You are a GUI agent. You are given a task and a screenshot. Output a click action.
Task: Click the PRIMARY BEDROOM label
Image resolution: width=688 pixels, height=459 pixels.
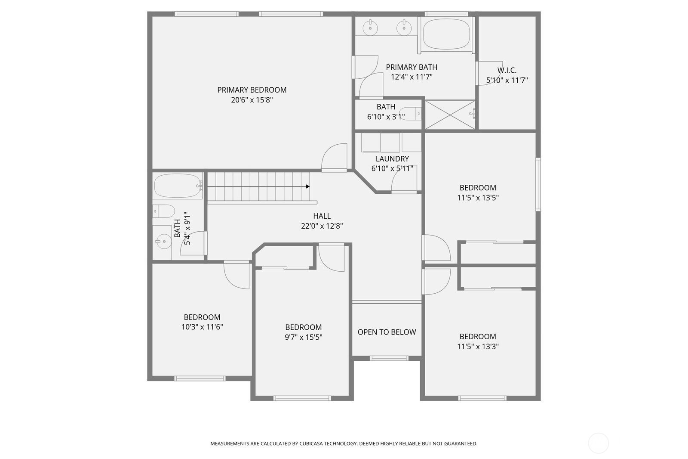252,90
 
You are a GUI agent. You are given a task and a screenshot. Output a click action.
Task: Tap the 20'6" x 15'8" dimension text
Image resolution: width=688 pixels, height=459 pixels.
252,100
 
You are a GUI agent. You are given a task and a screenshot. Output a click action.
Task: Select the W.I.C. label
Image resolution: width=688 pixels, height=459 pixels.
507,70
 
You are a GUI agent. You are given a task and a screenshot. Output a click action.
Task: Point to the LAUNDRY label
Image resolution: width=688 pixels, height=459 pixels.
392,159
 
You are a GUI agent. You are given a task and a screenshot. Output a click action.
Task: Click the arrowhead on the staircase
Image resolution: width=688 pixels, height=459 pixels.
308,186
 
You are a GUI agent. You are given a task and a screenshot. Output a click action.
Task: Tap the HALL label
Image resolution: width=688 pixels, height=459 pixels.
322,216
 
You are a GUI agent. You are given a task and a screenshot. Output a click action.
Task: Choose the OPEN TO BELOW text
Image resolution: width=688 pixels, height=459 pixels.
387,332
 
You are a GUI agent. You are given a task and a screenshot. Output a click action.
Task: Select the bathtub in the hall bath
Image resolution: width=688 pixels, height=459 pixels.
178,186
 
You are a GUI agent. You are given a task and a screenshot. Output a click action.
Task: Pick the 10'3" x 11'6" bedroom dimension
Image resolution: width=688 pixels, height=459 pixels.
202,327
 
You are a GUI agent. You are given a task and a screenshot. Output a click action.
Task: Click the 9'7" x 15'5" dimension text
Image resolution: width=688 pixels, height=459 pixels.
303,337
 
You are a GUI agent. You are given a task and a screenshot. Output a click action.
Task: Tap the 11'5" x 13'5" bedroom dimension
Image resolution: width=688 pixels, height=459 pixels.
478,198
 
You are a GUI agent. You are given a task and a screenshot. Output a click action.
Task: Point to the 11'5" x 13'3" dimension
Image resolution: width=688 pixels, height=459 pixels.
478,347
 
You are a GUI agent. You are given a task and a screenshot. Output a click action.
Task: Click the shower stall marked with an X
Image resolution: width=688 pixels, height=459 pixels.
450,114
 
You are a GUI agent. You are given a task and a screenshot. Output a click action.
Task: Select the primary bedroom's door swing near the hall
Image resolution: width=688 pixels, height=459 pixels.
335,157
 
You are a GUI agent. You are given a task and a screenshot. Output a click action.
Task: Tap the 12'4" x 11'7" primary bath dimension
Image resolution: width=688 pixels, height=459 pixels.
411,77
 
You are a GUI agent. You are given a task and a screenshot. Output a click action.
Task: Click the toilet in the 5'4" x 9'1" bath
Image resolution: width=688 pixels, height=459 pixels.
165,211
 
